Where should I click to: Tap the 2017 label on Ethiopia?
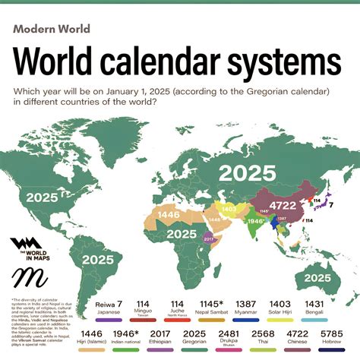tap(210, 238)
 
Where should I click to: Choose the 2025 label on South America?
tap(99, 258)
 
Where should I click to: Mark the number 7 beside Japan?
tap(330, 204)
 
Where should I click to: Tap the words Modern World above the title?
tap(52, 30)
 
